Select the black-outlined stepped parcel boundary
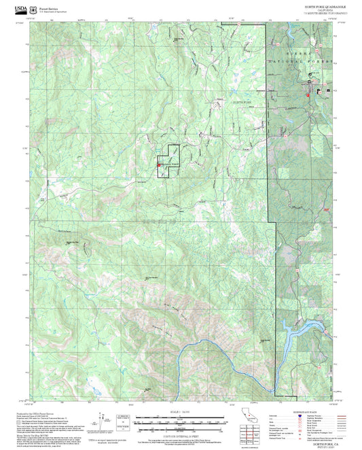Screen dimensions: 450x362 click(x=168, y=162)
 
